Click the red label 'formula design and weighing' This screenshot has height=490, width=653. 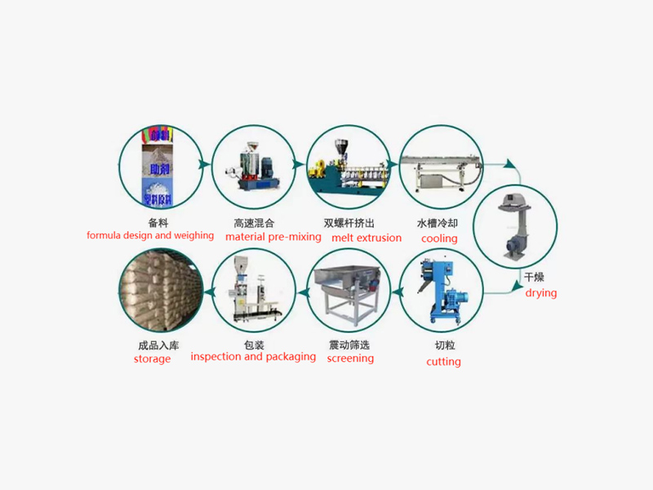150,235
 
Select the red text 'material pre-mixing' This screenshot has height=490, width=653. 273,237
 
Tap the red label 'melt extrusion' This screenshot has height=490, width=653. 366,238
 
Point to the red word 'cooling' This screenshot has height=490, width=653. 439,238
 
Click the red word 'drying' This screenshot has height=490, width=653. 540,292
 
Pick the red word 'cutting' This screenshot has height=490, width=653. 443,361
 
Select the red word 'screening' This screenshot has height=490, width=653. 350,358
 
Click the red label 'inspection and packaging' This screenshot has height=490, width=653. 253,356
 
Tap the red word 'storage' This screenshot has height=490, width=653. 153,359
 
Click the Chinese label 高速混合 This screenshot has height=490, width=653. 254,222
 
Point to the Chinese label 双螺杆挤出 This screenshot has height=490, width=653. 349,222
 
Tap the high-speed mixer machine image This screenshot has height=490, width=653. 253,167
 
